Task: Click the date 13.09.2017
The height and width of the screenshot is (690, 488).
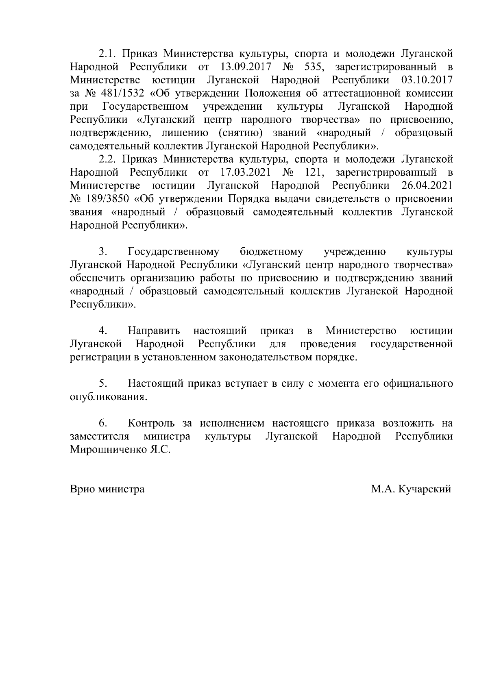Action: [245, 67]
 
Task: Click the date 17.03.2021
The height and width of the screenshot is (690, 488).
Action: [246, 172]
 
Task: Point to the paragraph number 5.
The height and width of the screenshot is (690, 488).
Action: [102, 384]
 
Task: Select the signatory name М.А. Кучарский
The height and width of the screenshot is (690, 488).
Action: [411, 489]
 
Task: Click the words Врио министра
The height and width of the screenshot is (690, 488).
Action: [107, 489]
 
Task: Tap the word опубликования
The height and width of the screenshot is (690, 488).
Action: [109, 397]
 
